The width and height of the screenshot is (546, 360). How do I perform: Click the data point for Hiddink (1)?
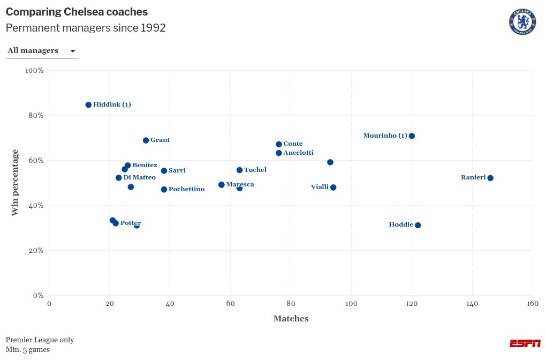click(x=88, y=105)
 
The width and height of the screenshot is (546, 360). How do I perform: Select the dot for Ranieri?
click(x=490, y=178)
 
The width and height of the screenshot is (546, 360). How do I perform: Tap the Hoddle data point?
click(x=418, y=226)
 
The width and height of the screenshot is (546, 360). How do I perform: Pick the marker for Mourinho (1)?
click(x=412, y=136)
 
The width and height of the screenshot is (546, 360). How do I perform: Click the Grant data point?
click(x=146, y=140)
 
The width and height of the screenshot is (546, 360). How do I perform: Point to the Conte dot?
click(x=279, y=144)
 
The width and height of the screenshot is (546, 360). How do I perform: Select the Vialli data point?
click(x=333, y=187)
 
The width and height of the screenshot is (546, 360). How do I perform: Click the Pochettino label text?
click(x=186, y=190)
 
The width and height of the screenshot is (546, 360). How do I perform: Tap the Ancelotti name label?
click(x=298, y=153)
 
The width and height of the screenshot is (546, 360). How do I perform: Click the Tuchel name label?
click(x=255, y=170)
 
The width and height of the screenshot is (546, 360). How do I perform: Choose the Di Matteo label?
click(x=139, y=178)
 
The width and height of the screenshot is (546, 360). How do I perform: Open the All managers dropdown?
click(x=42, y=51)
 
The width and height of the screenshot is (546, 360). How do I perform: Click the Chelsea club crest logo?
click(x=522, y=22)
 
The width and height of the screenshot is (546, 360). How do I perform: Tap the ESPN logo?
click(x=525, y=343)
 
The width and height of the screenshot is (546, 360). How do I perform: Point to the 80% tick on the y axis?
click(x=35, y=116)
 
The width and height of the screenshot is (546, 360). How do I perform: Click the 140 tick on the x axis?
click(x=472, y=304)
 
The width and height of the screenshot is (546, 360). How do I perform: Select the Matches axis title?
click(x=291, y=319)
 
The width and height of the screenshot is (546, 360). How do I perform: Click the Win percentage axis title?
click(x=15, y=183)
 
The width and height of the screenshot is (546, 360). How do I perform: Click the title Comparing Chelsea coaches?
click(x=77, y=12)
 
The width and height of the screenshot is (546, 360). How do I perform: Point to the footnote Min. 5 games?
click(x=28, y=350)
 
